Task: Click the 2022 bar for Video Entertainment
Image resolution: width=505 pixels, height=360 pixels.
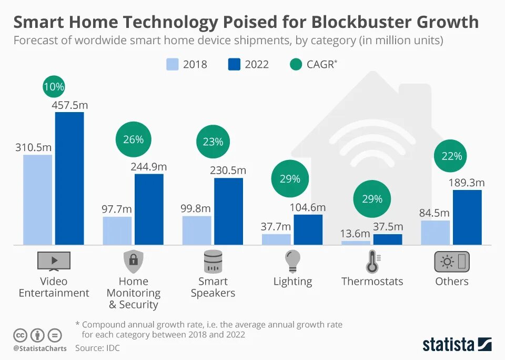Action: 69,178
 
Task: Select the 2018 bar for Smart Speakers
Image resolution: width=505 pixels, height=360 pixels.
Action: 197,231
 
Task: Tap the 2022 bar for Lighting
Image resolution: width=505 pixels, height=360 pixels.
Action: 308,229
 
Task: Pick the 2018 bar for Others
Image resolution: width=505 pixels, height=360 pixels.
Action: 436,233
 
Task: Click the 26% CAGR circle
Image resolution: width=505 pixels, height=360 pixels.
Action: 133,139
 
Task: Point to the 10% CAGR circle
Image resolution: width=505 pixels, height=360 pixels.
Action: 54,87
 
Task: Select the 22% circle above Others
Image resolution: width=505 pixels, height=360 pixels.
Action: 452,156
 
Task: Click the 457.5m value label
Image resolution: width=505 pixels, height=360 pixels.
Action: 70,105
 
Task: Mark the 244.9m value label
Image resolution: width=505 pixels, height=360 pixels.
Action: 149,167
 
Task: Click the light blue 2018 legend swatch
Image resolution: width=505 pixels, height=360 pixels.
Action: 173,64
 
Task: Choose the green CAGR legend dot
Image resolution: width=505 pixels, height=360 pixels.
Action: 296,64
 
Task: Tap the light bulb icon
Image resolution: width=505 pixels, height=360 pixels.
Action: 292,261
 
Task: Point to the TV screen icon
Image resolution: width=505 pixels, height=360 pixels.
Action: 54,261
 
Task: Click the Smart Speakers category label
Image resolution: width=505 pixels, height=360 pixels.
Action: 213,287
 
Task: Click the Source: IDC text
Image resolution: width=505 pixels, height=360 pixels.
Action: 98,348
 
